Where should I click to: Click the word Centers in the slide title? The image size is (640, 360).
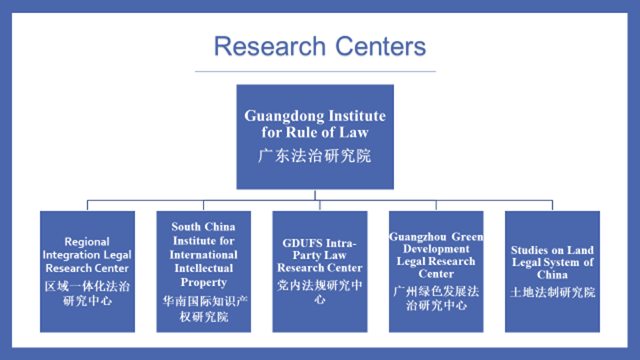coord(378,46)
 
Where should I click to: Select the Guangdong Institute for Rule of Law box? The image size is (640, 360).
coord(315,136)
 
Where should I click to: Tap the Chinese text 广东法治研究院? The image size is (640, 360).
coord(315,156)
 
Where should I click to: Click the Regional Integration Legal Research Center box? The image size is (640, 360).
coord(87,271)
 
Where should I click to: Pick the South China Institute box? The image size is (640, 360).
coord(204,271)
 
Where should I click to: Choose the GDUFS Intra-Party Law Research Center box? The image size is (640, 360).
coord(319,271)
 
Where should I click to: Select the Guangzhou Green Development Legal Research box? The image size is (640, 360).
coord(436,271)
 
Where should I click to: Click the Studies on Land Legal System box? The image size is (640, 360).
coord(552,271)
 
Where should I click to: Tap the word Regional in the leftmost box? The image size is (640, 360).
coord(87,241)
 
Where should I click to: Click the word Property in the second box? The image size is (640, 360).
coord(204,282)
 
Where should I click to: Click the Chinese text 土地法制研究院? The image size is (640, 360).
coord(552,293)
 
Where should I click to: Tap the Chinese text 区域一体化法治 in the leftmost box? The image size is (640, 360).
coord(87,286)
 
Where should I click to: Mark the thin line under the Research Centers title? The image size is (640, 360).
coord(315,72)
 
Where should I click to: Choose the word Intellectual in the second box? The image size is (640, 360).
coord(204,268)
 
